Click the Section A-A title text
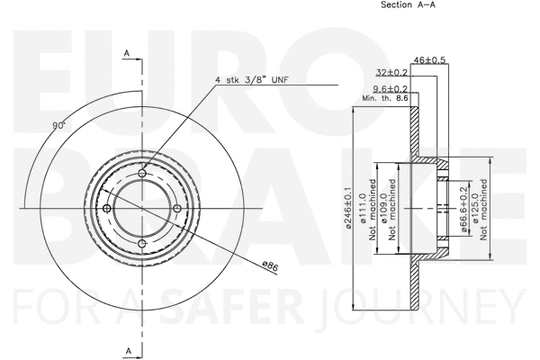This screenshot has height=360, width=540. tap(408, 5)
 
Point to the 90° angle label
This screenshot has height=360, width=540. tap(58, 127)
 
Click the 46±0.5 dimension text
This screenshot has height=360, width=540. tap(429, 59)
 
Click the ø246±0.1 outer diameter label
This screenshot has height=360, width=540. tap(348, 208)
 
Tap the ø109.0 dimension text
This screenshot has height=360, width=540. tap(382, 208)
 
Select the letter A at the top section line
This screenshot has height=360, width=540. tap(128, 54)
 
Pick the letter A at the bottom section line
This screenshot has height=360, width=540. tap(128, 348)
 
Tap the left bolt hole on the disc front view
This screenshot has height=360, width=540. tap(107, 209)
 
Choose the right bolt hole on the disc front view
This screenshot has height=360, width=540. tap(175, 209)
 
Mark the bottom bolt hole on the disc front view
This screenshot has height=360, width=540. tap(141, 243)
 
